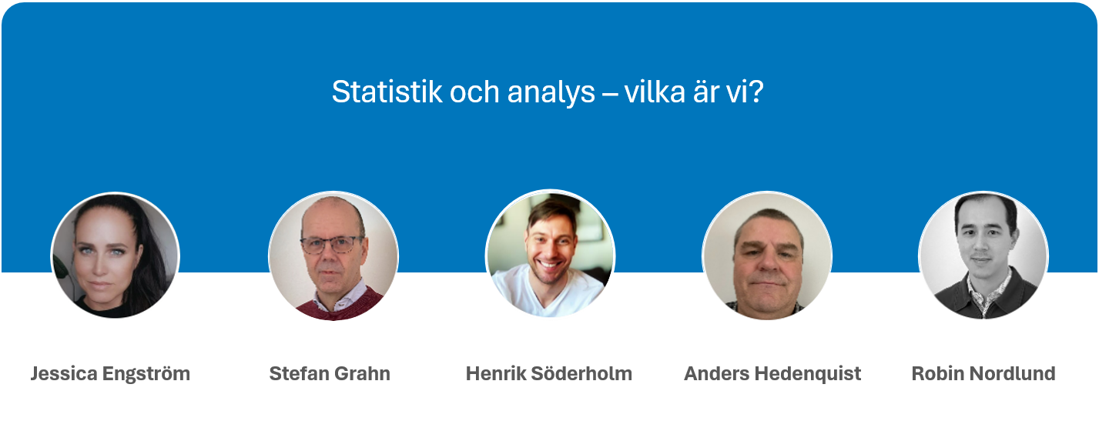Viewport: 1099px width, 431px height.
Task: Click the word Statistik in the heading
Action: tap(387, 92)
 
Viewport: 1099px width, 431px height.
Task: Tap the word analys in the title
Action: tap(551, 93)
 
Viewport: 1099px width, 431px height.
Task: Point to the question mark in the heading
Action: tap(756, 92)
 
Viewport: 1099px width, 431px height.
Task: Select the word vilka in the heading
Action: tap(655, 92)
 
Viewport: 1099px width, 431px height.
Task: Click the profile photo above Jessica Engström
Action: tap(116, 256)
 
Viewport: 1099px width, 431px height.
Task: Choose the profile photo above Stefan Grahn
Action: tap(333, 256)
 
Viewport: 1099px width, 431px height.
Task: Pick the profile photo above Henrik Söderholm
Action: tap(550, 254)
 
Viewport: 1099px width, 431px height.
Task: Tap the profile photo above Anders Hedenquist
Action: tap(767, 256)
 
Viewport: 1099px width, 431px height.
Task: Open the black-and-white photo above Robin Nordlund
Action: tap(983, 256)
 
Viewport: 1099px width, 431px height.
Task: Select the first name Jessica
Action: tap(64, 373)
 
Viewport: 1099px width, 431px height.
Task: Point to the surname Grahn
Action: tap(363, 373)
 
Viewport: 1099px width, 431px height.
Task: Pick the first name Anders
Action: tap(717, 373)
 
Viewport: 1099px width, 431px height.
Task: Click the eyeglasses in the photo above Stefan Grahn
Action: tap(332, 245)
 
